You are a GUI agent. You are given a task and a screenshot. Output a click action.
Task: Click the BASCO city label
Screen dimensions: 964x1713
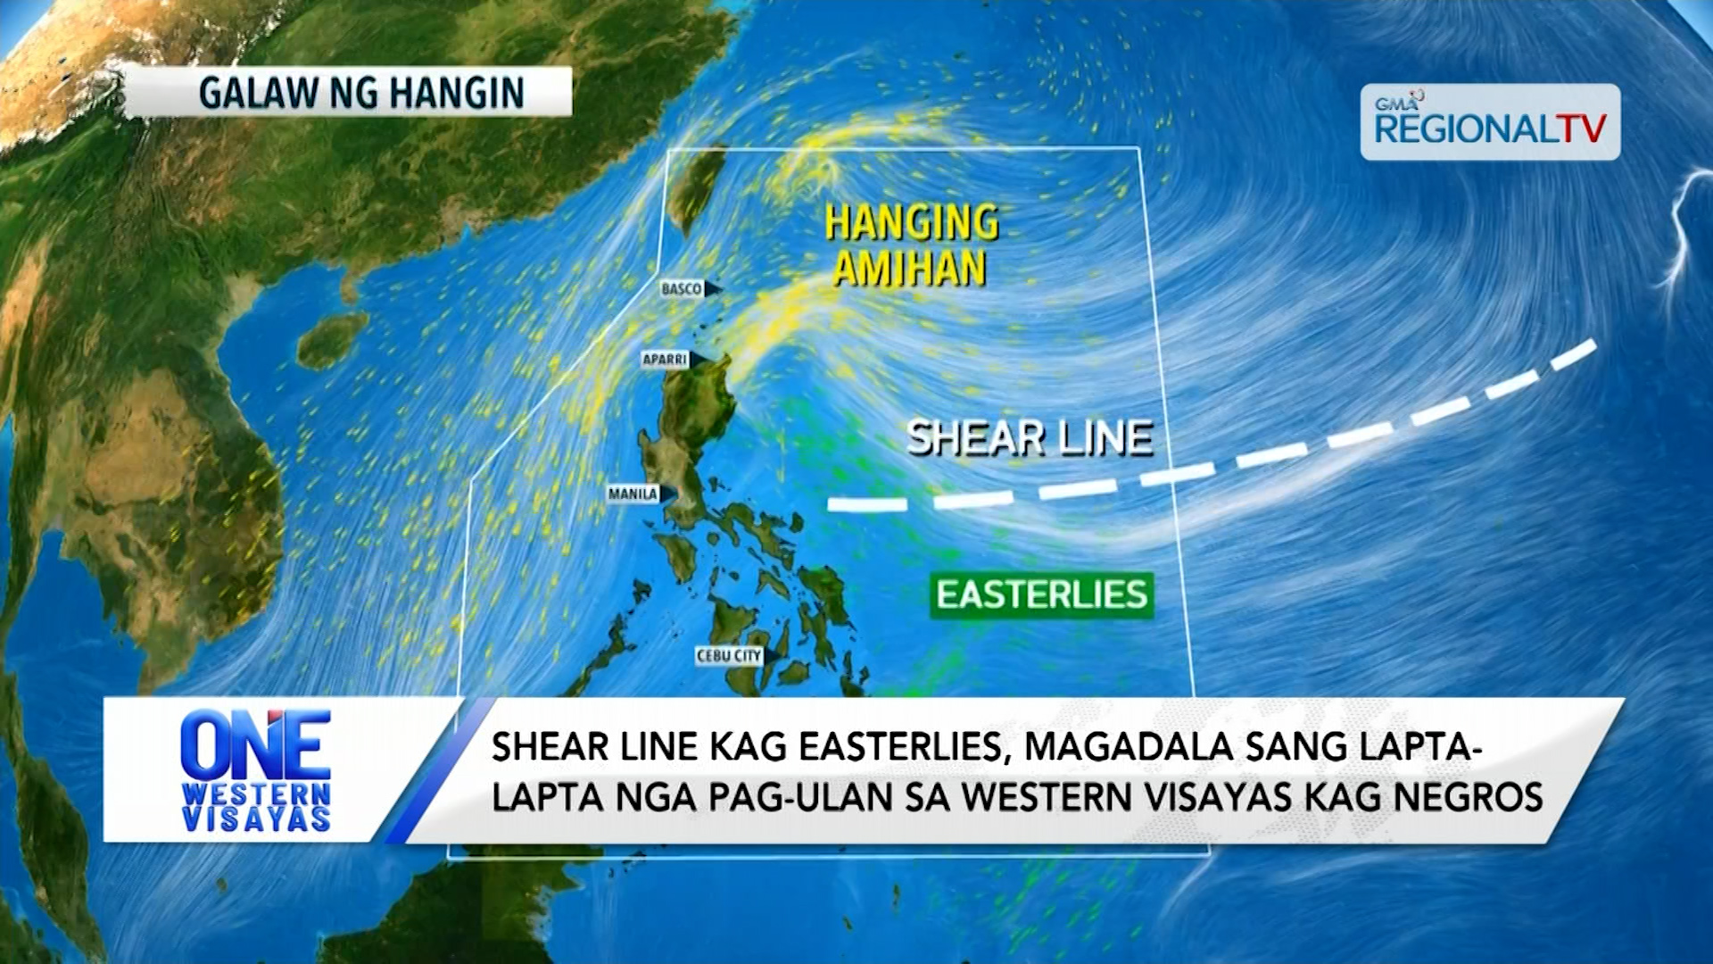tap(683, 289)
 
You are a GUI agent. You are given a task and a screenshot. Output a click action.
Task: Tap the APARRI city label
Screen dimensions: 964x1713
tap(666, 360)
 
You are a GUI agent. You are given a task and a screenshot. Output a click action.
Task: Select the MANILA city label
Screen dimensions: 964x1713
tap(633, 494)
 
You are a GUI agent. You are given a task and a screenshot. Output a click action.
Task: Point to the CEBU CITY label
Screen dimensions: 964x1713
tap(729, 656)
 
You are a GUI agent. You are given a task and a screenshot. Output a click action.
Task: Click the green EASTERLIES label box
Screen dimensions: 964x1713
tap(1041, 595)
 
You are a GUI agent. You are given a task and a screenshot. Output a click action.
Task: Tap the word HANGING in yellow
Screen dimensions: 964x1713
tap(911, 222)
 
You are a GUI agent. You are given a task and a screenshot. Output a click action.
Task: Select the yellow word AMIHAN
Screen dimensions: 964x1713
tap(909, 269)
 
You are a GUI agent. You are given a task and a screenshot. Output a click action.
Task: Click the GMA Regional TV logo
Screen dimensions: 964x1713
tap(1489, 123)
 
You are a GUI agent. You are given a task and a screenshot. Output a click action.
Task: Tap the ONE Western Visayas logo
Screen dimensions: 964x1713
tap(255, 770)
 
